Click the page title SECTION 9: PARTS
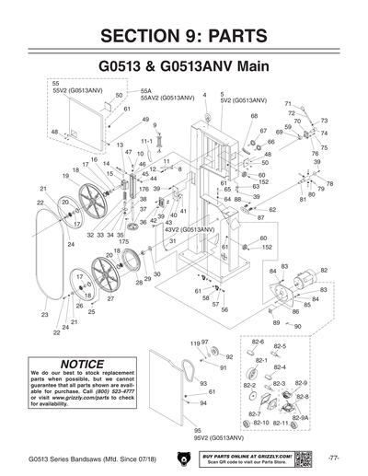(x=184, y=36)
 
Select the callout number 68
(x=254, y=117)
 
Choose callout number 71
(x=288, y=104)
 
